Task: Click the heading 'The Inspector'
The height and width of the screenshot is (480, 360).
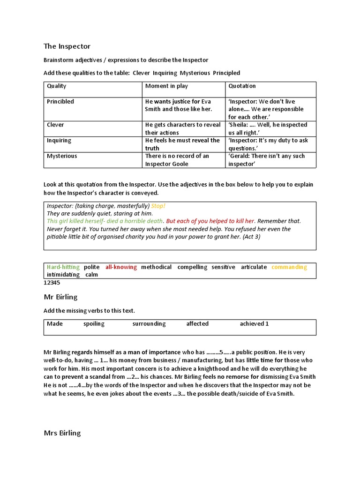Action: pyautogui.click(x=67, y=46)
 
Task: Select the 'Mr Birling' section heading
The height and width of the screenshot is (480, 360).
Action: pyautogui.click(x=60, y=297)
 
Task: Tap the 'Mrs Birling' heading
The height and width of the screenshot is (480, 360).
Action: pyautogui.click(x=62, y=433)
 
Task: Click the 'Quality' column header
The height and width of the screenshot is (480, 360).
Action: pyautogui.click(x=57, y=86)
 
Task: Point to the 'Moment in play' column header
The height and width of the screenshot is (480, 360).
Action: pyautogui.click(x=166, y=86)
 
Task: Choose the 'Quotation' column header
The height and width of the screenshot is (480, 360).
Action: pyautogui.click(x=242, y=86)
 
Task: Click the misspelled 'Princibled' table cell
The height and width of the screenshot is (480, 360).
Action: pyautogui.click(x=60, y=102)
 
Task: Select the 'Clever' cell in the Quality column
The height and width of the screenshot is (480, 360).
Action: pyautogui.click(x=55, y=125)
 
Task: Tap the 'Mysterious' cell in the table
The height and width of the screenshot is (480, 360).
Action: pyautogui.click(x=62, y=156)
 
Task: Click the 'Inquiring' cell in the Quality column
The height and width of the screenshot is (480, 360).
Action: pyautogui.click(x=59, y=141)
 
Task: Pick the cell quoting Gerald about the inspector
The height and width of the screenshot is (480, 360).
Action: pyautogui.click(x=266, y=160)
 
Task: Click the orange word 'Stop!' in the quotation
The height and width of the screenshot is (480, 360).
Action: pyautogui.click(x=158, y=206)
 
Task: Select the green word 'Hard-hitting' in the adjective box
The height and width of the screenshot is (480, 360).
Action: pyautogui.click(x=63, y=267)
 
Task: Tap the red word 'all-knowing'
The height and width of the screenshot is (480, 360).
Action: pyautogui.click(x=121, y=267)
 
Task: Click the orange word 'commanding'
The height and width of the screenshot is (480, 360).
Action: pyautogui.click(x=289, y=267)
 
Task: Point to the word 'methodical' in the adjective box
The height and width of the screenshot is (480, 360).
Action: pyautogui.click(x=156, y=267)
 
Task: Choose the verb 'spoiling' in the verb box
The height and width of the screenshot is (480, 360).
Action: pyautogui.click(x=94, y=324)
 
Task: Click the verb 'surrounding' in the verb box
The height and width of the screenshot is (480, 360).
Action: pyautogui.click(x=149, y=324)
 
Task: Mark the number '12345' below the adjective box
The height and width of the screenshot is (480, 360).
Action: pyautogui.click(x=52, y=283)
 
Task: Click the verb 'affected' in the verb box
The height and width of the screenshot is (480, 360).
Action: pyautogui.click(x=197, y=324)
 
